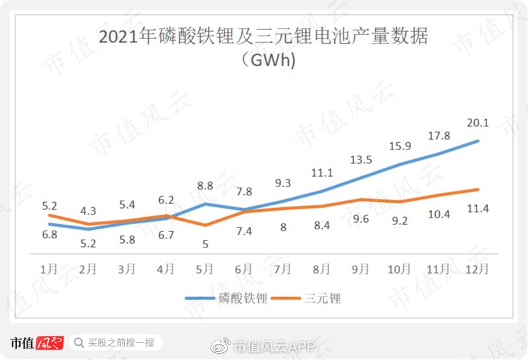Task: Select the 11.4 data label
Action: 478,208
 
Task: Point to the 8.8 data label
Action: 205,185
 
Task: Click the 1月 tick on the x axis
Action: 49,269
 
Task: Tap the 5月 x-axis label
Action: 205,269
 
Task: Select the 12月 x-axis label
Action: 478,269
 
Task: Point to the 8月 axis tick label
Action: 321,269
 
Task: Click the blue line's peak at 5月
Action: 205,203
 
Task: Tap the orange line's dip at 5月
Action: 205,225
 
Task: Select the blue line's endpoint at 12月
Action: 479,140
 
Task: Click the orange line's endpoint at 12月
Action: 479,189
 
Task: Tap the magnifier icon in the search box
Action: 78,342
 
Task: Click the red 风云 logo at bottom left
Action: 49,342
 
